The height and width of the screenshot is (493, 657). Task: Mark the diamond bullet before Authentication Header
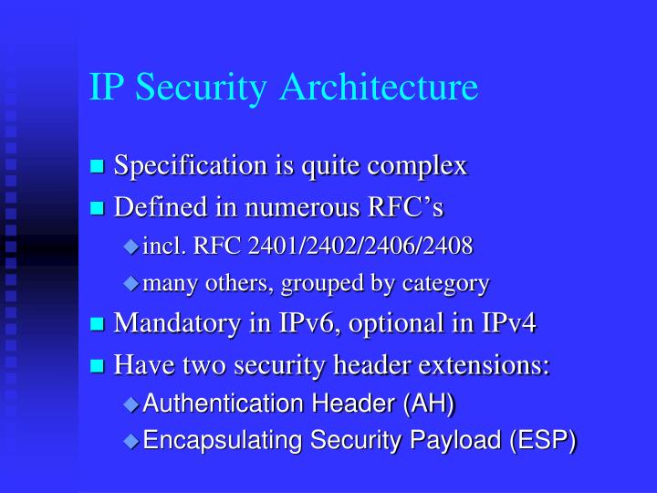coord(130,404)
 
